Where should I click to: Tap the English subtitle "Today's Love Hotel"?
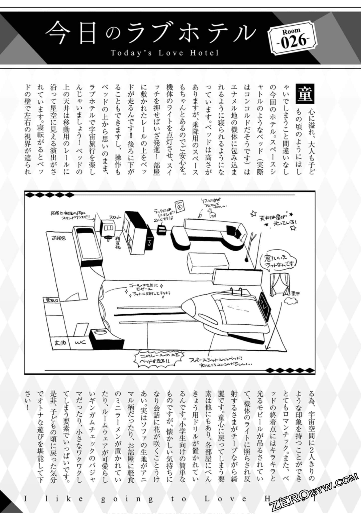164,53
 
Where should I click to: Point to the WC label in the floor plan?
80,342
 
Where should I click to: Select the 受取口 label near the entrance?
52,300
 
